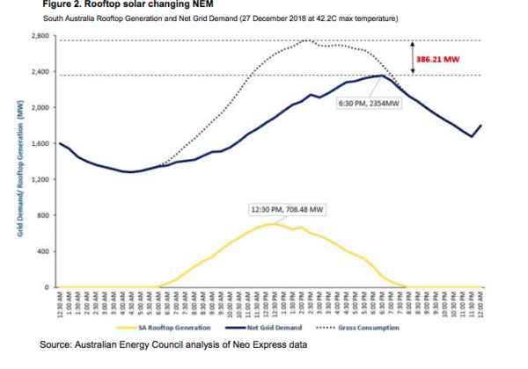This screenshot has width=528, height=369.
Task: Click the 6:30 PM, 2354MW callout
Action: coord(363,103)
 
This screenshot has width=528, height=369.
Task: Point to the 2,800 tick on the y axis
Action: coord(40,36)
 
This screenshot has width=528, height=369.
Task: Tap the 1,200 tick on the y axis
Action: coord(40,179)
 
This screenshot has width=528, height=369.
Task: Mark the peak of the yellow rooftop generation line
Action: coord(272,223)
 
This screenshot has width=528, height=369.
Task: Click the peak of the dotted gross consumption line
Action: coord(305,40)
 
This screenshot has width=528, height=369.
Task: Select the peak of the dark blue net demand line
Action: coord(381,76)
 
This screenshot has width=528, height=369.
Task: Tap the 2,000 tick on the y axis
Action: coord(40,108)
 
